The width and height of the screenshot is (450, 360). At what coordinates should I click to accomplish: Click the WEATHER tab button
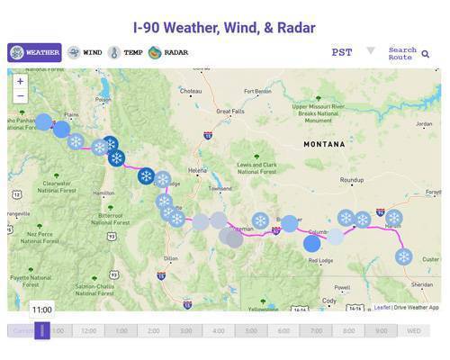click(34, 52)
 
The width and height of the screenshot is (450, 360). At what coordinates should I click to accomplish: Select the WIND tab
click(85, 52)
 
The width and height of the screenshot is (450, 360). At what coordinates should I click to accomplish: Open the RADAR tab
click(168, 52)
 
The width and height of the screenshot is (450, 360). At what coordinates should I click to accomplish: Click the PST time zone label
click(342, 52)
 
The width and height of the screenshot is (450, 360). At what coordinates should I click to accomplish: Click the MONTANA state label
click(323, 144)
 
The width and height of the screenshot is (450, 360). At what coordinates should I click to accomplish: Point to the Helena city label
click(197, 170)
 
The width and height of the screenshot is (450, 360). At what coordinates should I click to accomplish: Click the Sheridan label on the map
click(421, 284)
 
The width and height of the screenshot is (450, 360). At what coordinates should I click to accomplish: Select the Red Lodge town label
click(320, 261)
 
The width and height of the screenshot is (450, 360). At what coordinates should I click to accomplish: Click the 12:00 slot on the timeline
click(88, 330)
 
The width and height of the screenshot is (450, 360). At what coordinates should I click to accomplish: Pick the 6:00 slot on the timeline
click(283, 330)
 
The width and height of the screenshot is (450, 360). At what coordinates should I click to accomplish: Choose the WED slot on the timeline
click(413, 330)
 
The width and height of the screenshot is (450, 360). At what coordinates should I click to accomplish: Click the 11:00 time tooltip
click(42, 309)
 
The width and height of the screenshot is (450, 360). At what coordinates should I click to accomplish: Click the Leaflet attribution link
click(382, 307)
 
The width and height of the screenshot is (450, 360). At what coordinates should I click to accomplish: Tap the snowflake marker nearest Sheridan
click(404, 256)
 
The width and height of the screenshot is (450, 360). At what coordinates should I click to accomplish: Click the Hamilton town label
click(103, 193)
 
